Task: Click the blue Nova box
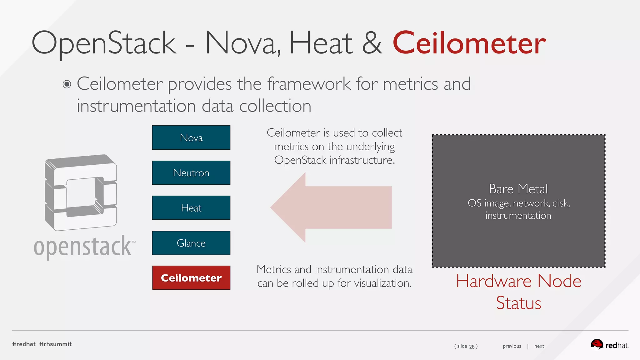(x=191, y=137)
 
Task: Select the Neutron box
(x=191, y=173)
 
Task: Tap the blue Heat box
(x=191, y=208)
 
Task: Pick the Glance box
(x=191, y=243)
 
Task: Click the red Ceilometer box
(x=191, y=278)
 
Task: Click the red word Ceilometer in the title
(x=469, y=43)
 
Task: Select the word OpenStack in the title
(x=104, y=43)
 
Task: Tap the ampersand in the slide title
(x=372, y=43)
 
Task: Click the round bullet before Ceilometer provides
(x=67, y=84)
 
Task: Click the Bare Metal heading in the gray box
(x=518, y=189)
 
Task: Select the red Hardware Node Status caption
(x=518, y=292)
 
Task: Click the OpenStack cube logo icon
(x=81, y=192)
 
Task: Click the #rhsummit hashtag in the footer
(x=56, y=344)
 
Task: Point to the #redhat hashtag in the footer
(x=24, y=344)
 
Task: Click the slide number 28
(x=472, y=346)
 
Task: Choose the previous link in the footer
(x=512, y=346)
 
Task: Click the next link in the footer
(x=539, y=346)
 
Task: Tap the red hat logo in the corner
(x=609, y=345)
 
